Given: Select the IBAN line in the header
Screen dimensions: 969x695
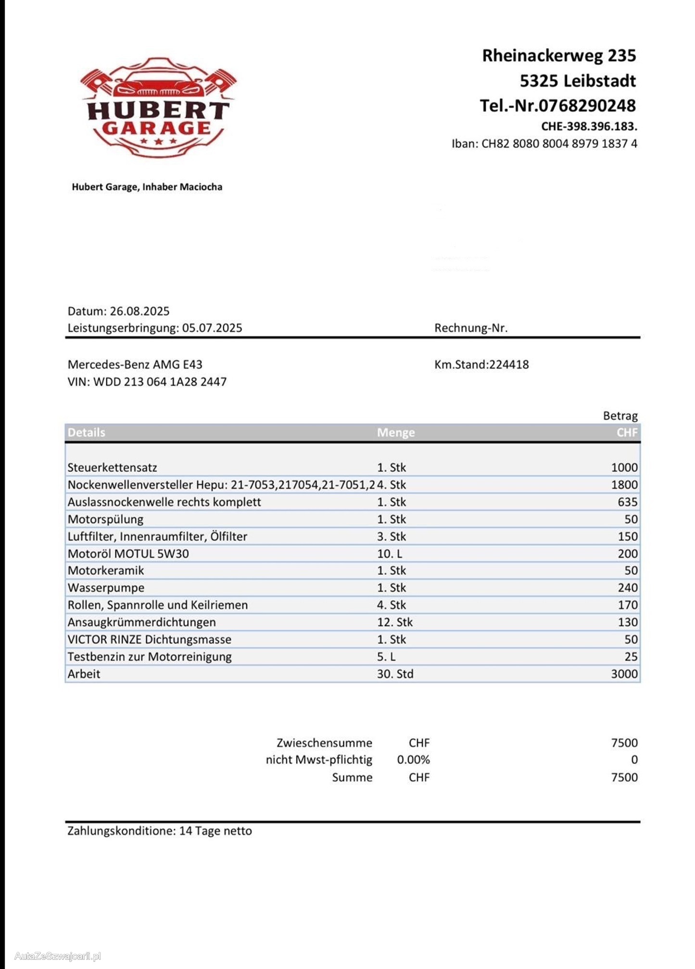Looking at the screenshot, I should pyautogui.click(x=544, y=144).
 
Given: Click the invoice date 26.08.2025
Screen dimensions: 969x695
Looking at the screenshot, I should pyautogui.click(x=139, y=311).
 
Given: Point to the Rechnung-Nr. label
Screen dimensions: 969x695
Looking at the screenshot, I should pyautogui.click(x=470, y=328).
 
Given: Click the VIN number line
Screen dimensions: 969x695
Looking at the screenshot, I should pyautogui.click(x=147, y=382).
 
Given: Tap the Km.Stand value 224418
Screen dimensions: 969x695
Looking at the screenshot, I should pyautogui.click(x=509, y=364).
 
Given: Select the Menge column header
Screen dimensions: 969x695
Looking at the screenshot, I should pyautogui.click(x=395, y=433).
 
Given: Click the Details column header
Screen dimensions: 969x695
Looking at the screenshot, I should pyautogui.click(x=86, y=433).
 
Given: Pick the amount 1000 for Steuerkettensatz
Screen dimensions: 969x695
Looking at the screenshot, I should pyautogui.click(x=624, y=467).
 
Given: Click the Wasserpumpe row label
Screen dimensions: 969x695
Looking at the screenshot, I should pyautogui.click(x=106, y=587).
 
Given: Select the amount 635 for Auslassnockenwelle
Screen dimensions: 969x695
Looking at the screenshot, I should pyautogui.click(x=627, y=502).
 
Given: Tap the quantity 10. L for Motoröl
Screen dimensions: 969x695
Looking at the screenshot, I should pyautogui.click(x=389, y=554).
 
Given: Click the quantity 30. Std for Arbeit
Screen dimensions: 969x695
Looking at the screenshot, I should pyautogui.click(x=395, y=674).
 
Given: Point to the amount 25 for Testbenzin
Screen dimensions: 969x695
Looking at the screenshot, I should pyautogui.click(x=631, y=657).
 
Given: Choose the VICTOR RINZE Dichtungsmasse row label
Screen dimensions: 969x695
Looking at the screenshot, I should pyautogui.click(x=149, y=639).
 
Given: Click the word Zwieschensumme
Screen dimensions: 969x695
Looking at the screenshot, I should pyautogui.click(x=324, y=743).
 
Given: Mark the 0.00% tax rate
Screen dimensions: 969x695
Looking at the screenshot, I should pyautogui.click(x=413, y=760).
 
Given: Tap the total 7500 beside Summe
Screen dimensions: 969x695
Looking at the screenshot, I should pyautogui.click(x=624, y=777).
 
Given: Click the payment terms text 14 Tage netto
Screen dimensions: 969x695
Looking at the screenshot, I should pyautogui.click(x=215, y=831).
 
